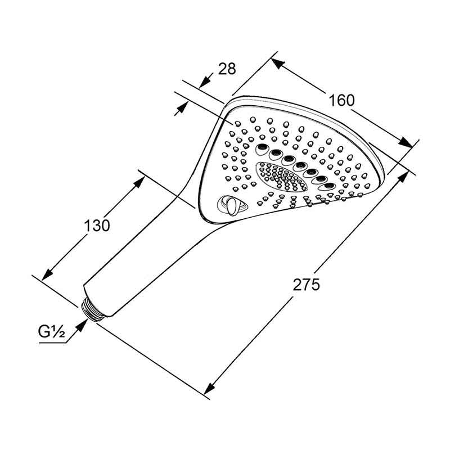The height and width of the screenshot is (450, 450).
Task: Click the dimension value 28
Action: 227,69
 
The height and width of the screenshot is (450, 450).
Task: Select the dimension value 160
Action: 341,101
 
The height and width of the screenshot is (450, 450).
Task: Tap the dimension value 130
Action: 97,226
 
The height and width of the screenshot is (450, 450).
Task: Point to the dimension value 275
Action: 306,285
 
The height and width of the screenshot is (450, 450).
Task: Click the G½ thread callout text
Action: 52,332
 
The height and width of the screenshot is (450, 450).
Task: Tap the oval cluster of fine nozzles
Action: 281,177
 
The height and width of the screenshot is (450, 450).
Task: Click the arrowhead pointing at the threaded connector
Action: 82,326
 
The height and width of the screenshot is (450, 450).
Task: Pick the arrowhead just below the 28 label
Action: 205,82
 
